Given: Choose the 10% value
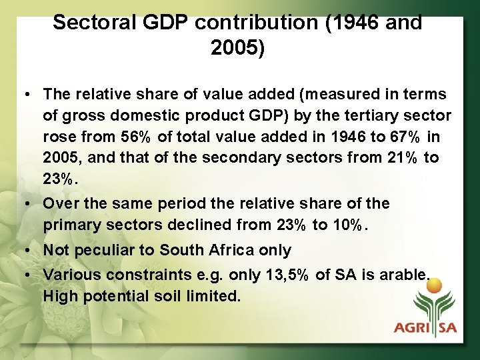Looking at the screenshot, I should pos(349,225).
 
